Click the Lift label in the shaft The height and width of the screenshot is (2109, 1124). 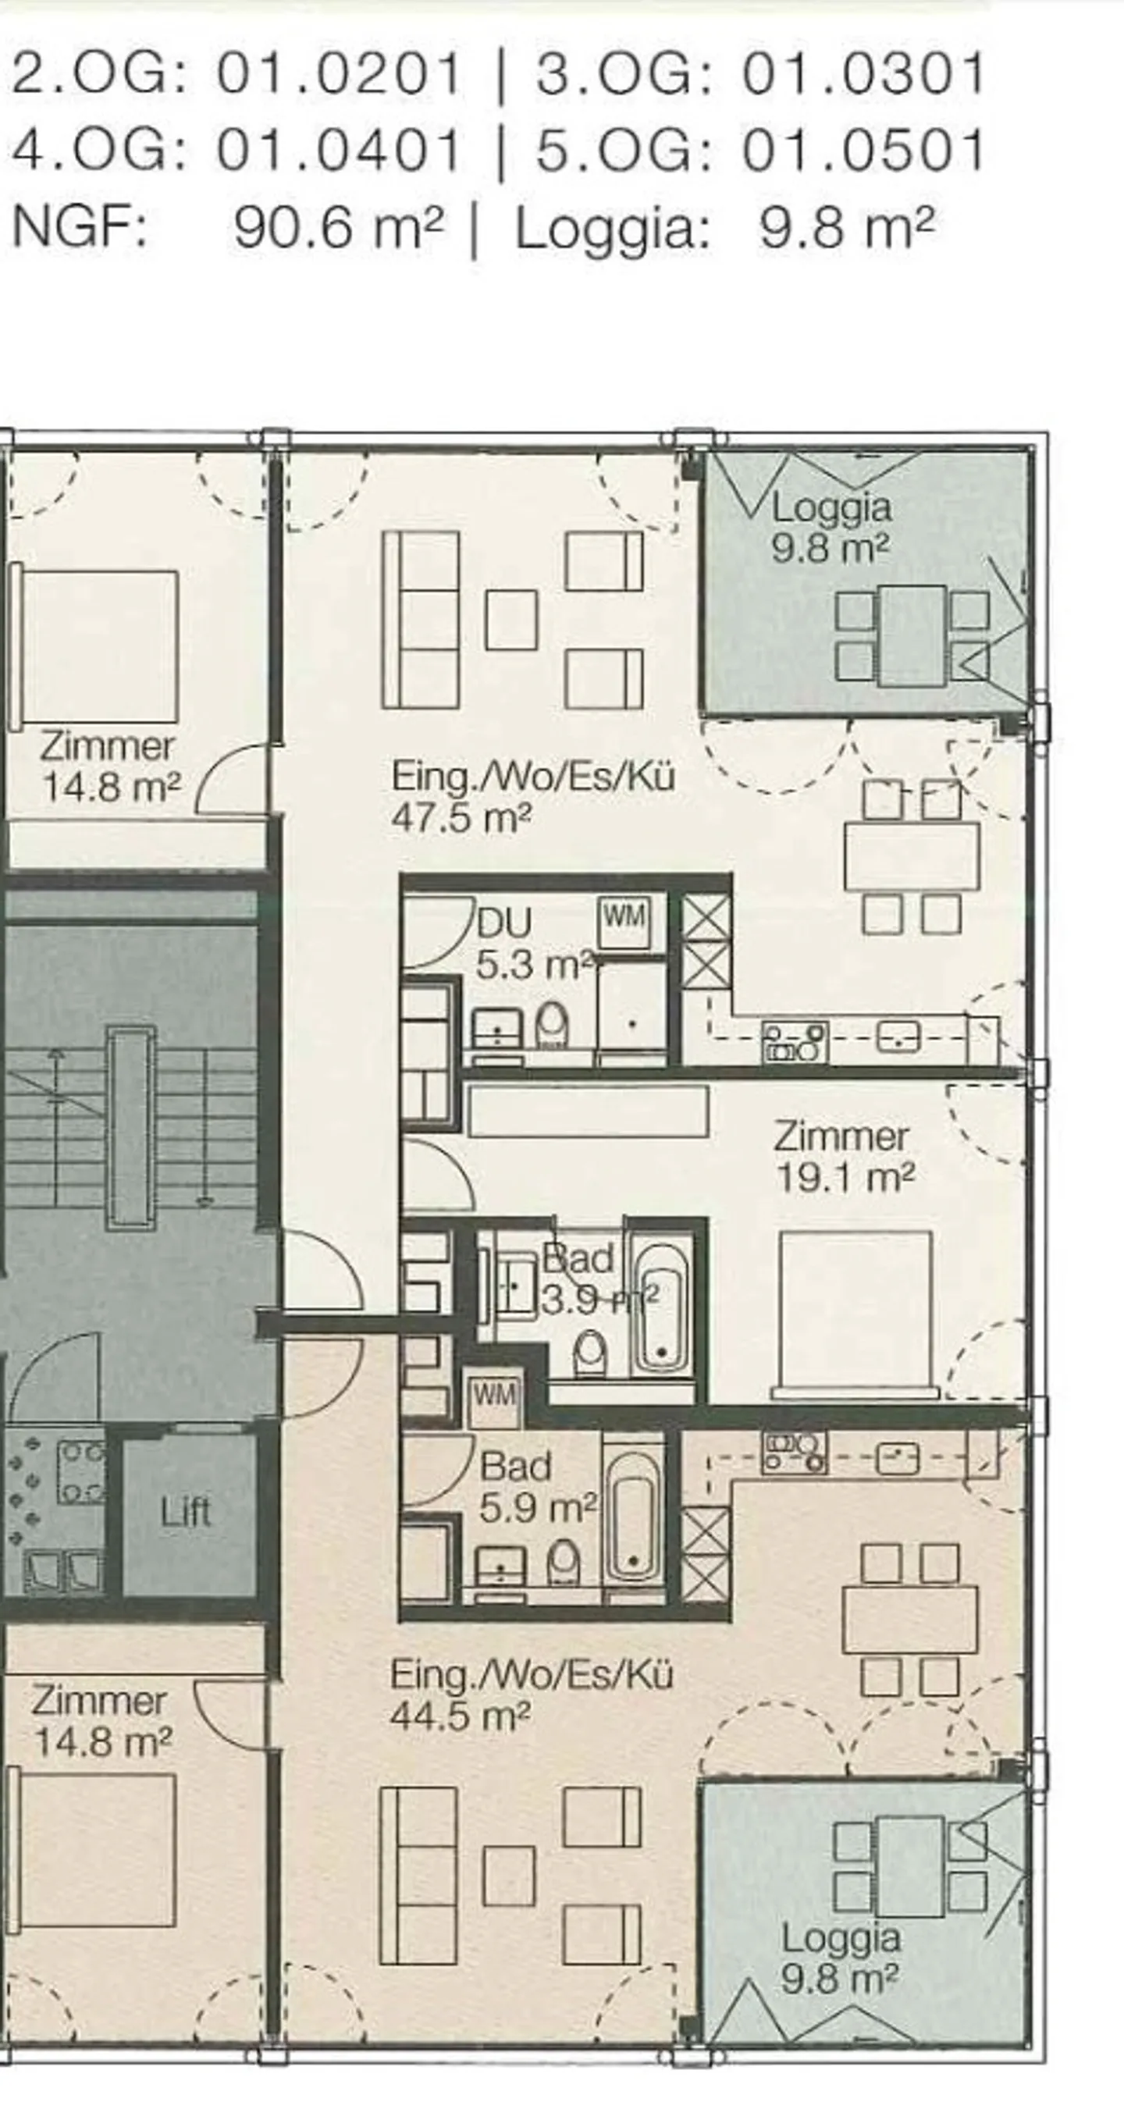click(x=187, y=1511)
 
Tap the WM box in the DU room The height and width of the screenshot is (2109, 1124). click(x=624, y=916)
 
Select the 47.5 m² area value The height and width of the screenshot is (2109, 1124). click(x=461, y=817)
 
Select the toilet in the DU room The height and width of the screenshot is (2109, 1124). click(x=553, y=1026)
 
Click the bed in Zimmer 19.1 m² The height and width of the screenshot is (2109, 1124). click(x=855, y=1312)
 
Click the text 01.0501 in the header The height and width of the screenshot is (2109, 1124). click(x=863, y=151)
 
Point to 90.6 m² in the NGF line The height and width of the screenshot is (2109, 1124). click(x=338, y=227)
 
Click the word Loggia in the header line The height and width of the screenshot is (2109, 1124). click(x=610, y=230)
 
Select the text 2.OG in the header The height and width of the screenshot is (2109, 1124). click(x=98, y=73)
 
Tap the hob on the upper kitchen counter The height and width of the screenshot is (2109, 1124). click(x=794, y=1041)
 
